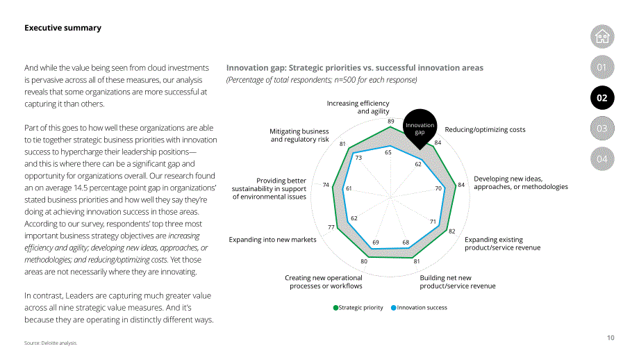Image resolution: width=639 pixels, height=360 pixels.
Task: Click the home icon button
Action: [602, 37]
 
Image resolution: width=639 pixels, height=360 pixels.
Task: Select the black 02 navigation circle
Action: [602, 98]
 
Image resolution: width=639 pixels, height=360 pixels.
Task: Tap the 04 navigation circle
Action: [602, 159]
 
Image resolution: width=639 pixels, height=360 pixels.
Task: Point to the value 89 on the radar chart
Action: [391, 121]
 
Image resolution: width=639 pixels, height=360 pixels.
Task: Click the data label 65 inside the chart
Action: [388, 152]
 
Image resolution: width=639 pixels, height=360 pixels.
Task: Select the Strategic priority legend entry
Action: [358, 308]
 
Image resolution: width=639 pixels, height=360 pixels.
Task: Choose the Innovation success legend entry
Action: [419, 308]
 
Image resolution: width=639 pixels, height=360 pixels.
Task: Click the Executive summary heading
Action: [63, 28]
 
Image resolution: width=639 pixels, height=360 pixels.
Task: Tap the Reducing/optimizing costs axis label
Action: [485, 130]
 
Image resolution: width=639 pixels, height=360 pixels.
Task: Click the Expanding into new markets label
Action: [272, 240]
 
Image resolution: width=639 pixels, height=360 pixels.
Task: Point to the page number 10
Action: [611, 338]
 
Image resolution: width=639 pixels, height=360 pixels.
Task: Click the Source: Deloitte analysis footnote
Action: [51, 343]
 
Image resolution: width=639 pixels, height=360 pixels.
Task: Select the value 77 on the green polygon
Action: [331, 227]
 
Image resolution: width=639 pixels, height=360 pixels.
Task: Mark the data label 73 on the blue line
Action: [358, 158]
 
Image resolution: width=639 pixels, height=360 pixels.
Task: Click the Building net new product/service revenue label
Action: [458, 281]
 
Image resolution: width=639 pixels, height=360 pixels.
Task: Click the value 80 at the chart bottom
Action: [364, 261]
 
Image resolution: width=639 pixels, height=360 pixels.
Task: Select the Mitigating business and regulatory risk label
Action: [299, 136]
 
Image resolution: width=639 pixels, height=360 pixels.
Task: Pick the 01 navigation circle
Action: [602, 67]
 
